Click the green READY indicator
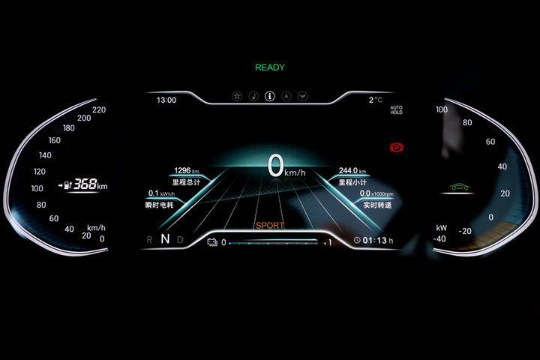pos(270,67)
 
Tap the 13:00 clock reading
pos(166,100)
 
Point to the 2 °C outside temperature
pos(375,100)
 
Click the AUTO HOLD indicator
pos(396,110)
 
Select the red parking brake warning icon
pos(395,148)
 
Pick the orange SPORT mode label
pos(269,226)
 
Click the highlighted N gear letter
pos(165,240)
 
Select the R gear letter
pos(150,240)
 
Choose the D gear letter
pos(181,240)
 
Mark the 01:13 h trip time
pos(377,241)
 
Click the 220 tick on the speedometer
pos(99,109)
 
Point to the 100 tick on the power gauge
pos(442,109)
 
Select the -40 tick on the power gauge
pos(439,238)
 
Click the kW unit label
pos(442,227)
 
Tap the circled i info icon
pos(270,97)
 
